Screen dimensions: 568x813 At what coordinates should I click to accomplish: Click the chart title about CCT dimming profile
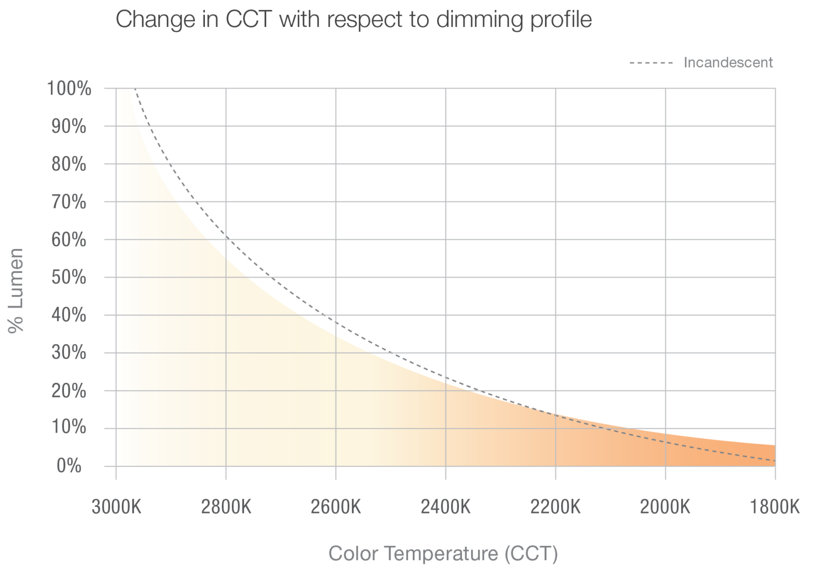354,21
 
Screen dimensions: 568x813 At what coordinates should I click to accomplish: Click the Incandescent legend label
728,62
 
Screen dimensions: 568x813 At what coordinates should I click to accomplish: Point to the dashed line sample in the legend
651,63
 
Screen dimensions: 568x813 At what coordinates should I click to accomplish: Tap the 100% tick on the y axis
69,88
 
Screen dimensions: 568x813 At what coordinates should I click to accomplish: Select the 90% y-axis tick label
69,126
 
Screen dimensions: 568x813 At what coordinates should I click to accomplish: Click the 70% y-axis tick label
69,202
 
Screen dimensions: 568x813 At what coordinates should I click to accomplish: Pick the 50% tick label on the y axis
69,277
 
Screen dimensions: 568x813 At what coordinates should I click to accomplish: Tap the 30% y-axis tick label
69,353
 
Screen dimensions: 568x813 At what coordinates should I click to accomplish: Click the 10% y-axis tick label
69,428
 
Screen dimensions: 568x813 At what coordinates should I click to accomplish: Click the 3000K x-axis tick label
116,508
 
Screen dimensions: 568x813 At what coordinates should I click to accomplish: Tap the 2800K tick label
227,508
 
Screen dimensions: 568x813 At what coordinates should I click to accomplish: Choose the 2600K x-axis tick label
336,508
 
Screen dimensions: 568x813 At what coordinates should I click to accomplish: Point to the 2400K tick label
446,508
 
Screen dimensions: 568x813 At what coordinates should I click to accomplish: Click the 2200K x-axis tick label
556,508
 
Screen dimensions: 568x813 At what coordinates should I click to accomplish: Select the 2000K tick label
665,508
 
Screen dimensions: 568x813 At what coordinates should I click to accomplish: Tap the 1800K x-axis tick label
775,508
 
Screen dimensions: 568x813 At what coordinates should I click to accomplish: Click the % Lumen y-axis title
17,290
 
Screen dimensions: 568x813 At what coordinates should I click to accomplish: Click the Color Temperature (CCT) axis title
444,554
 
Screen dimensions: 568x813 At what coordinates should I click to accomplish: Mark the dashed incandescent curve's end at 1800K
774,461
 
